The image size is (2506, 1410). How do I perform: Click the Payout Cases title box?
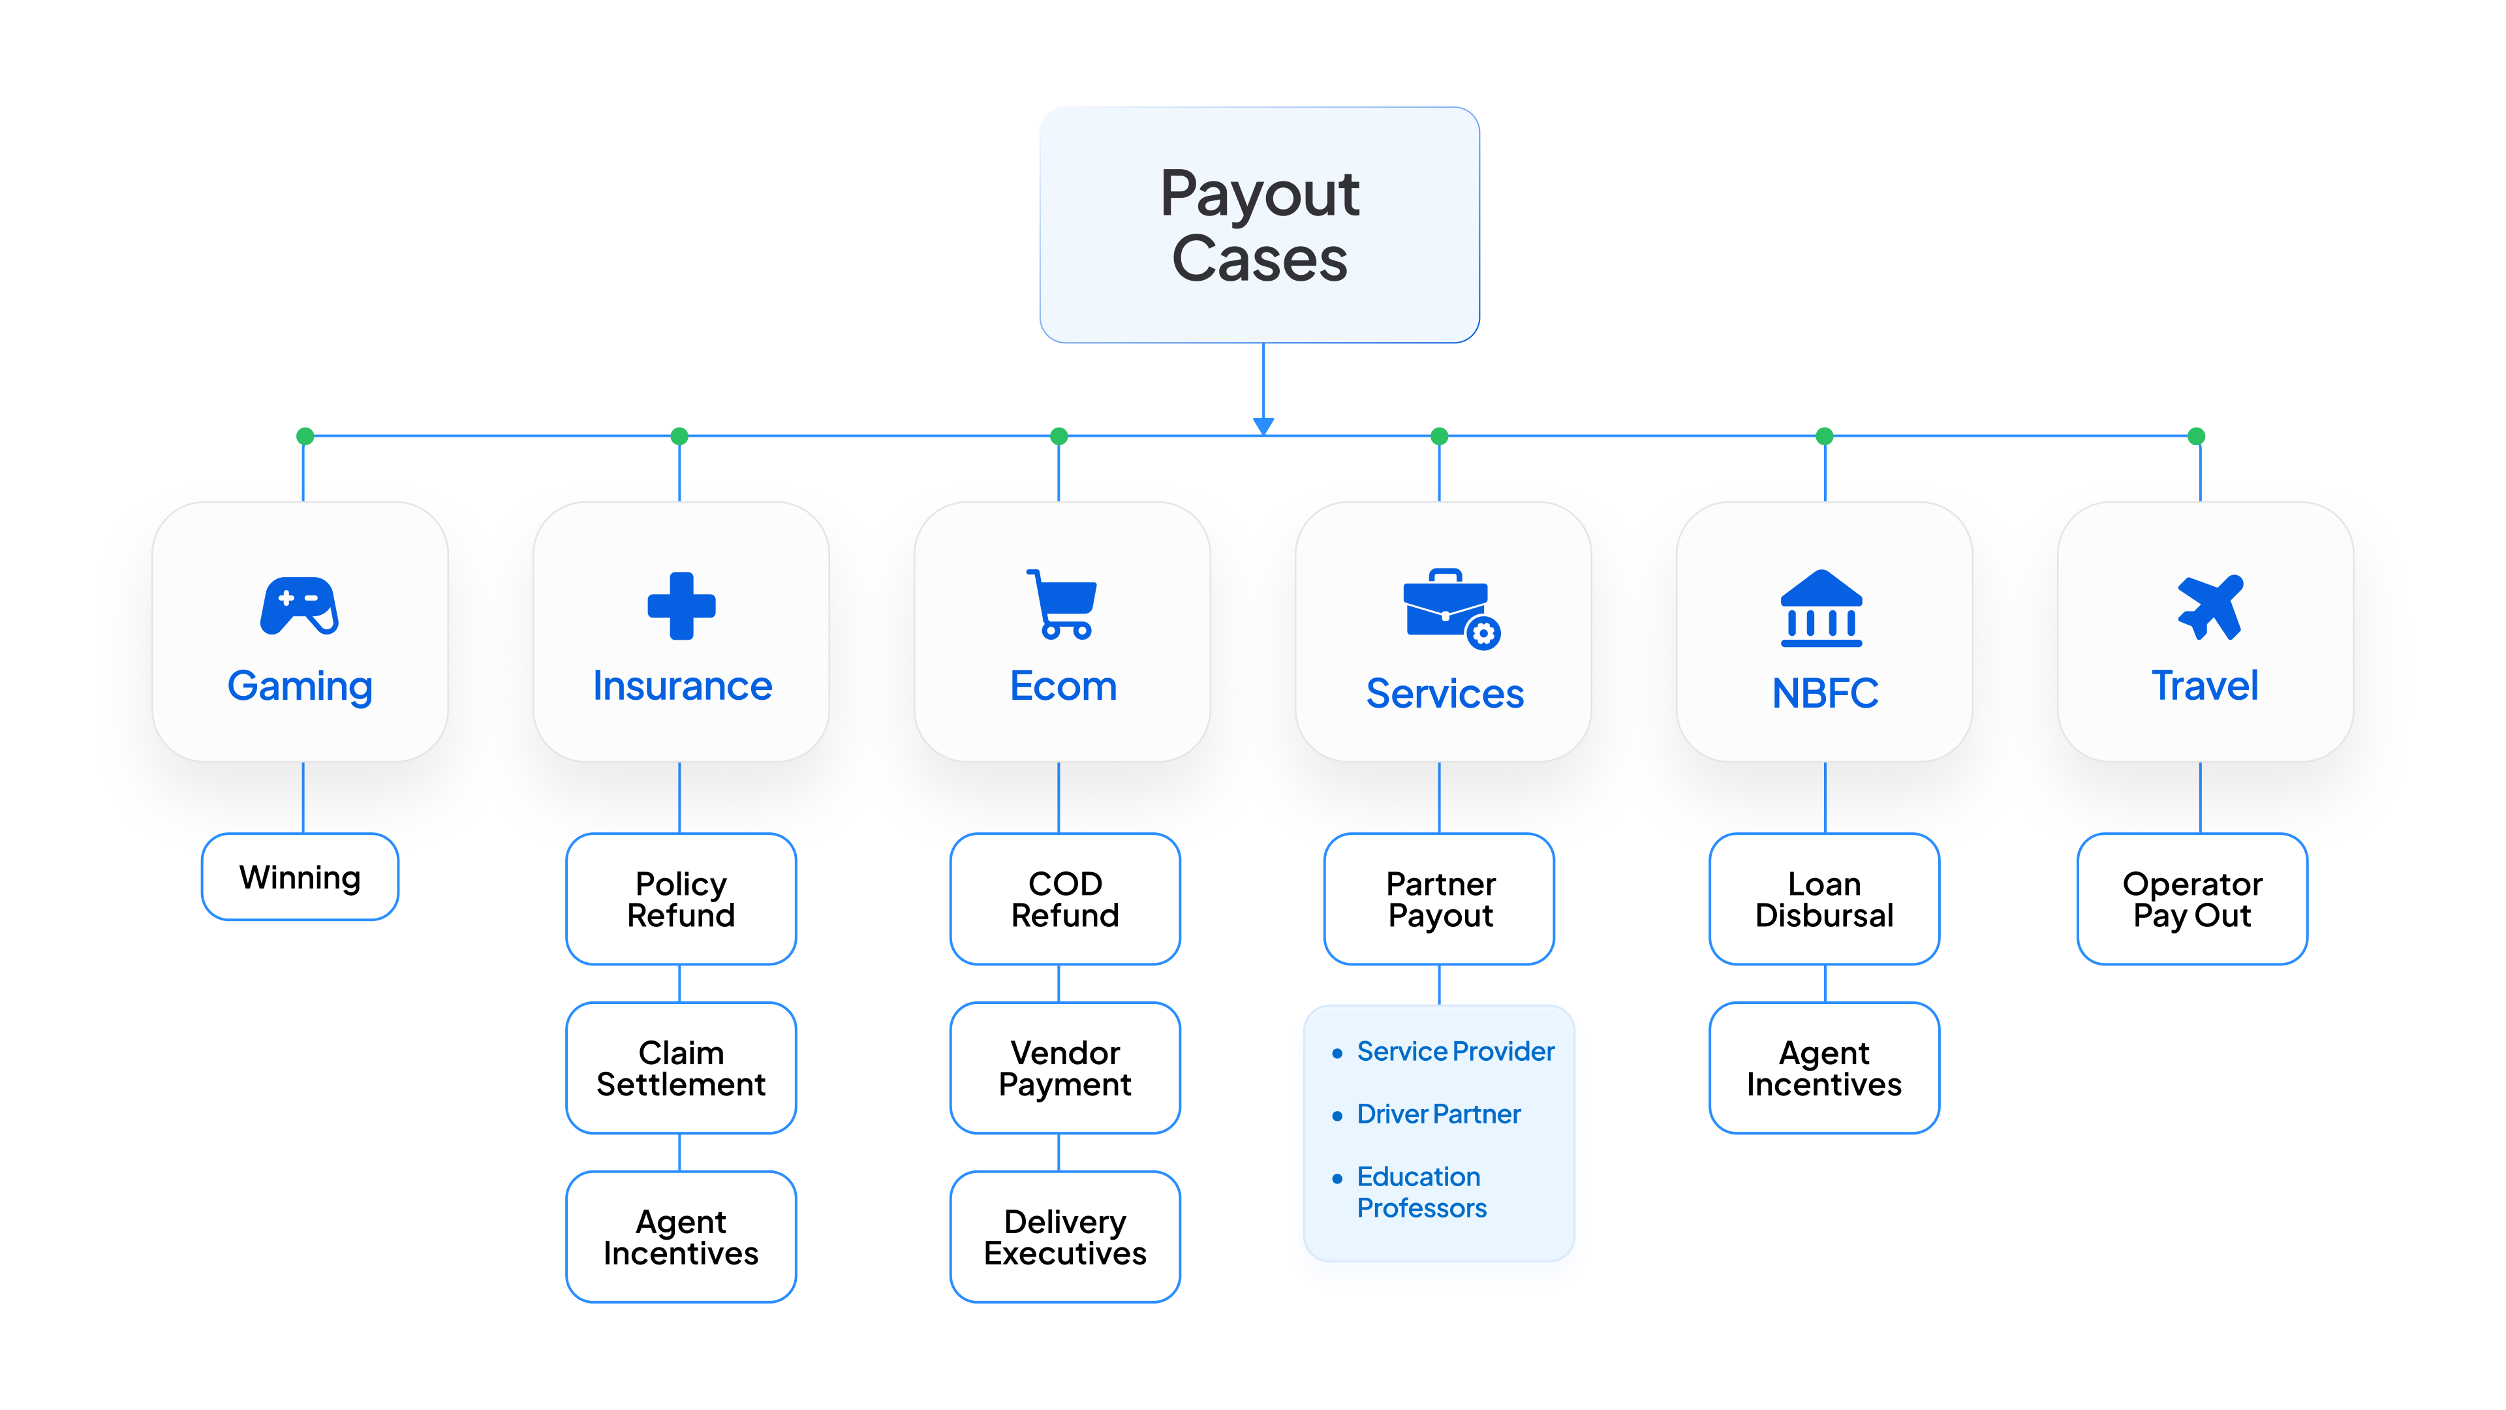pyautogui.click(x=1260, y=225)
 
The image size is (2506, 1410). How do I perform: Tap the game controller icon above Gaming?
pyautogui.click(x=300, y=605)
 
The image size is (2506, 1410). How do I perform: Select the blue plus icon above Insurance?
pyautogui.click(x=681, y=605)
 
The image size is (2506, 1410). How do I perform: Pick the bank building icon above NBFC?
pyautogui.click(x=1821, y=608)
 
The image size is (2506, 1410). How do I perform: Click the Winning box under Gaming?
pyautogui.click(x=300, y=877)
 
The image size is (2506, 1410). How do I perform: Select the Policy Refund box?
pyautogui.click(x=681, y=899)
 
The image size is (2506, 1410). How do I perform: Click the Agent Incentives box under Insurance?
pyautogui.click(x=681, y=1237)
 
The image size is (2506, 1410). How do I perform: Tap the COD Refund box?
pyautogui.click(x=1065, y=899)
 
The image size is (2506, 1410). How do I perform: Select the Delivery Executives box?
pyautogui.click(x=1065, y=1237)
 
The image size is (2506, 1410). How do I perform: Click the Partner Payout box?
pyautogui.click(x=1440, y=899)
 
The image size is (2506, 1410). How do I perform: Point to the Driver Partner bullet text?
pyautogui.click(x=1438, y=1114)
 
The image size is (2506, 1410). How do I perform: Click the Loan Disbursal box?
pyautogui.click(x=1824, y=899)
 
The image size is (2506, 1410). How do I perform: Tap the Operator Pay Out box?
pyautogui.click(x=2192, y=899)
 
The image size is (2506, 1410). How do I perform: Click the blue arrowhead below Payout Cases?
pyautogui.click(x=1263, y=425)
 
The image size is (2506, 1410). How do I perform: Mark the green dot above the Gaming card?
pyautogui.click(x=305, y=436)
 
